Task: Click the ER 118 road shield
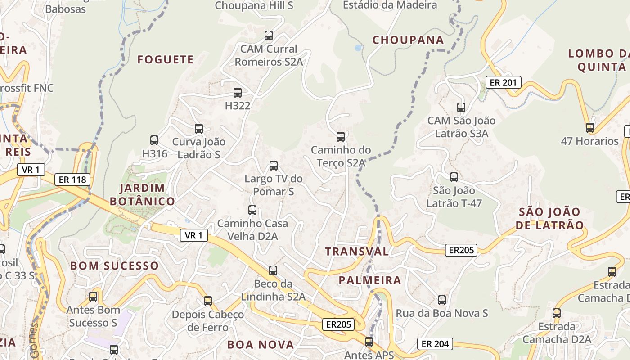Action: tap(72, 180)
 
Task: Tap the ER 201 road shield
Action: tap(504, 82)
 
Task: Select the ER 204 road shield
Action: tap(435, 344)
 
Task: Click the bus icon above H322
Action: tap(238, 93)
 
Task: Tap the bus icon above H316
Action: tap(154, 140)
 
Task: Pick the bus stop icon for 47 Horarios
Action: tap(590, 127)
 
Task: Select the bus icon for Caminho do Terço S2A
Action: tap(341, 136)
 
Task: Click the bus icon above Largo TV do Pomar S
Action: tap(274, 165)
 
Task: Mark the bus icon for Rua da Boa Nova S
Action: tap(442, 300)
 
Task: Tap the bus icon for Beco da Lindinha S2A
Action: tap(273, 270)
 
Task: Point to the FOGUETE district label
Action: tap(166, 59)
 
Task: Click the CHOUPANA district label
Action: tap(408, 40)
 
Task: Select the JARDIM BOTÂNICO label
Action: tap(142, 194)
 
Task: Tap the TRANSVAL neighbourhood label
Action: tap(357, 251)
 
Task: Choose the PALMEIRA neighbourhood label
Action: tap(370, 280)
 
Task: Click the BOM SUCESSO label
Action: tap(115, 265)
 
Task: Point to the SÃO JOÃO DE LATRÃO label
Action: tap(549, 218)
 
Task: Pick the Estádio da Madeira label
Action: tap(390, 5)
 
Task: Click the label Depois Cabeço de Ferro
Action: tap(208, 320)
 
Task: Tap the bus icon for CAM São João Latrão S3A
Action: tap(461, 107)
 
